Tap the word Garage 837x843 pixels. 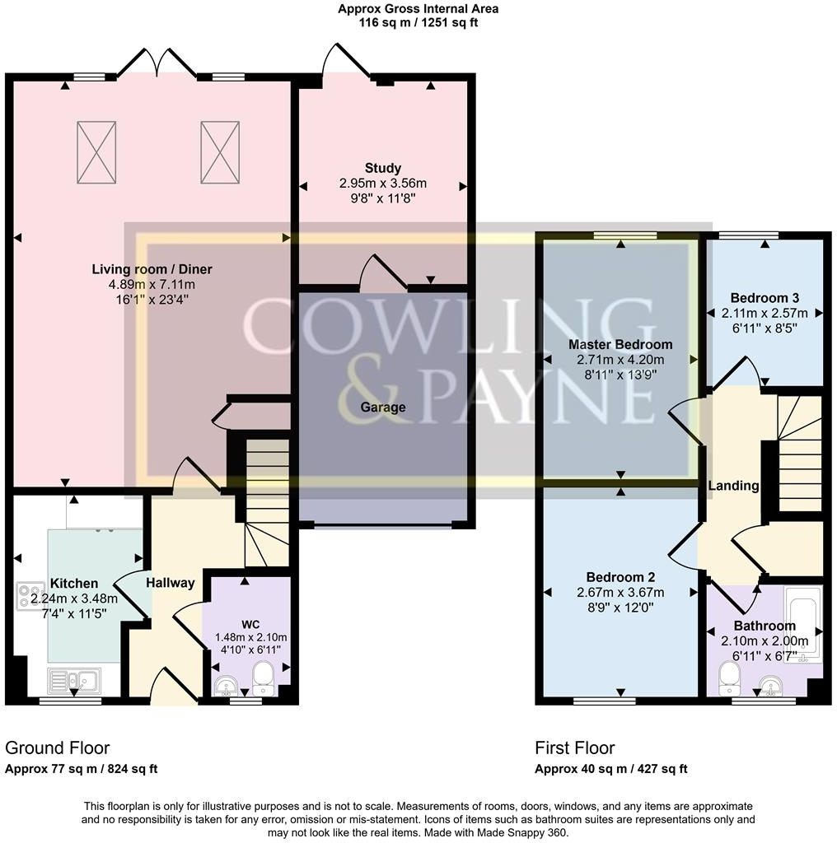[x=383, y=408]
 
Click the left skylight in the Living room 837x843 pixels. [x=98, y=152]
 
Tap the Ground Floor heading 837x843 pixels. [x=57, y=748]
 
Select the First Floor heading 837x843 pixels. [x=575, y=748]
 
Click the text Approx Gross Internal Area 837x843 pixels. [x=418, y=9]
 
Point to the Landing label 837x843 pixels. [x=733, y=486]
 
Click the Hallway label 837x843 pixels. [x=171, y=583]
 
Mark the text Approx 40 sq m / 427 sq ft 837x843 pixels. [x=610, y=770]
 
